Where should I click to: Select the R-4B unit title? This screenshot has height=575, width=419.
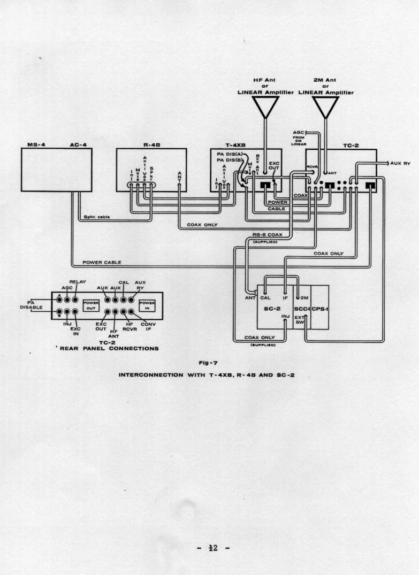tap(151, 144)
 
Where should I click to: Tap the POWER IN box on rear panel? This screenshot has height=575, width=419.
tap(147, 305)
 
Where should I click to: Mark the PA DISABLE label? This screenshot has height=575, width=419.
tap(31, 304)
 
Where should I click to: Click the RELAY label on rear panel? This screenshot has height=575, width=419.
tap(78, 281)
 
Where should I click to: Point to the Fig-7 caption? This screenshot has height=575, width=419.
tap(207, 363)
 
